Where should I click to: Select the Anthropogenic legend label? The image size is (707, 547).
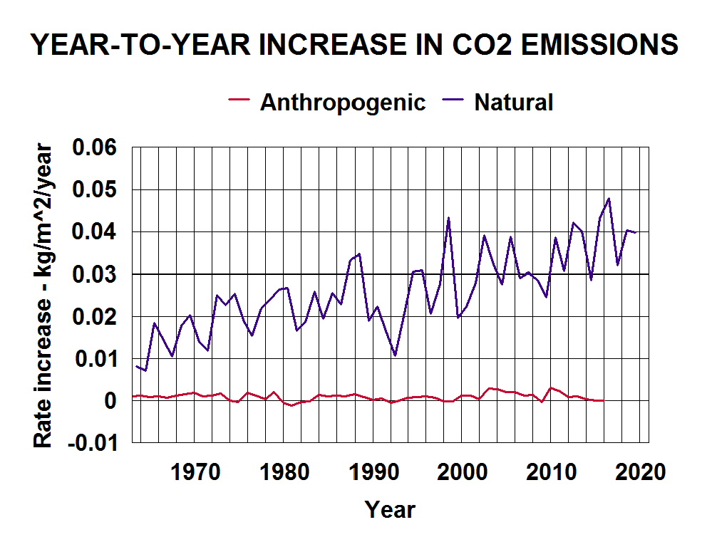click(x=342, y=103)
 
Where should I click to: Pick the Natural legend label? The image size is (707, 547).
click(x=513, y=103)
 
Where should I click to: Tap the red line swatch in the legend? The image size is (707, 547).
click(x=239, y=101)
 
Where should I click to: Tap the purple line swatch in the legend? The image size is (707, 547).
click(x=453, y=101)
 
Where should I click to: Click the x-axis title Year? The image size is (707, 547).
click(x=390, y=510)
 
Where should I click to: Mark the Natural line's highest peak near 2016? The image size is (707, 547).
click(x=609, y=199)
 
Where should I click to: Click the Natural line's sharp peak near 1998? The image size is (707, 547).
click(x=448, y=218)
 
